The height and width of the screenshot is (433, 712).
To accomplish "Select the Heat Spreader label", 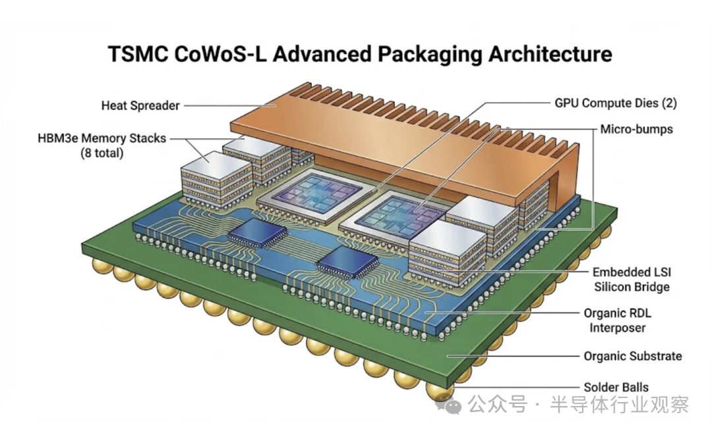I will (140, 105).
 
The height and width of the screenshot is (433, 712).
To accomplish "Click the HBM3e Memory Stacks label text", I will (102, 138).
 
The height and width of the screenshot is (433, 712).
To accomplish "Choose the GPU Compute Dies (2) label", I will (614, 103).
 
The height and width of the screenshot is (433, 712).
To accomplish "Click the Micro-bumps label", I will (636, 129).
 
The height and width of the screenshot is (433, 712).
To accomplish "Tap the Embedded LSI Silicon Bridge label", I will (631, 279).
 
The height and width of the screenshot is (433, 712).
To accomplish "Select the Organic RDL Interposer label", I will (617, 320).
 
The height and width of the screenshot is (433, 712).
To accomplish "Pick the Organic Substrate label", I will (632, 356).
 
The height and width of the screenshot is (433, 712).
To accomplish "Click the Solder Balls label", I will (616, 388).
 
